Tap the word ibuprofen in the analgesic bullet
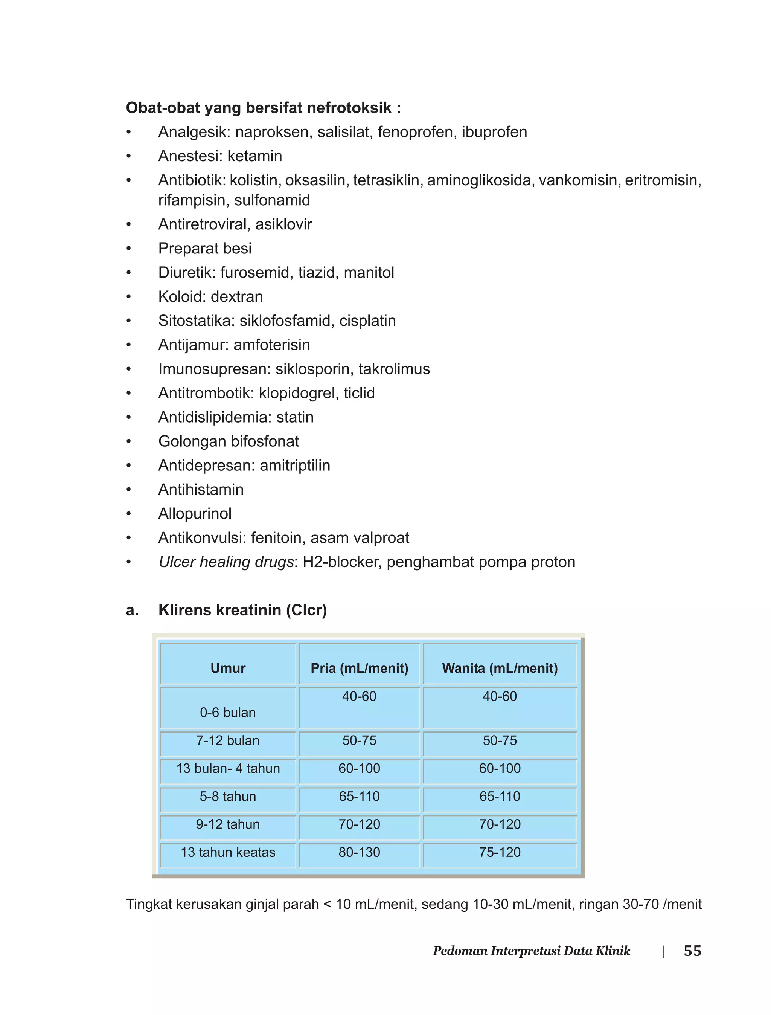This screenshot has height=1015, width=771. pos(494,132)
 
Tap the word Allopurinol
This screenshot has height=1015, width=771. pos(195,513)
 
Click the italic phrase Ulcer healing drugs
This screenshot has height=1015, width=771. pos(226,562)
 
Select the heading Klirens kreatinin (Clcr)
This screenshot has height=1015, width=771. pos(242,610)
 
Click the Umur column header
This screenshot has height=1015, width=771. pos(228,668)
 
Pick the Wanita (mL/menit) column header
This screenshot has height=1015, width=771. pos(500,668)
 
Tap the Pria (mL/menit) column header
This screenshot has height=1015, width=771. pos(360,668)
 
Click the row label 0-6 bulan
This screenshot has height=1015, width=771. pos(228,713)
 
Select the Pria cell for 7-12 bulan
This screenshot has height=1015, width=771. pos(360,740)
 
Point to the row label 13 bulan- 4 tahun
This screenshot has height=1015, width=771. pos(228,768)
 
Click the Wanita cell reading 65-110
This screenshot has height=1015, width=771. pos(500,797)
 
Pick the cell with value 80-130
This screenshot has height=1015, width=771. pos(360,853)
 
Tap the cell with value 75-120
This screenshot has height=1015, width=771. pos(500,853)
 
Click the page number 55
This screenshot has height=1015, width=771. pos(692,950)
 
